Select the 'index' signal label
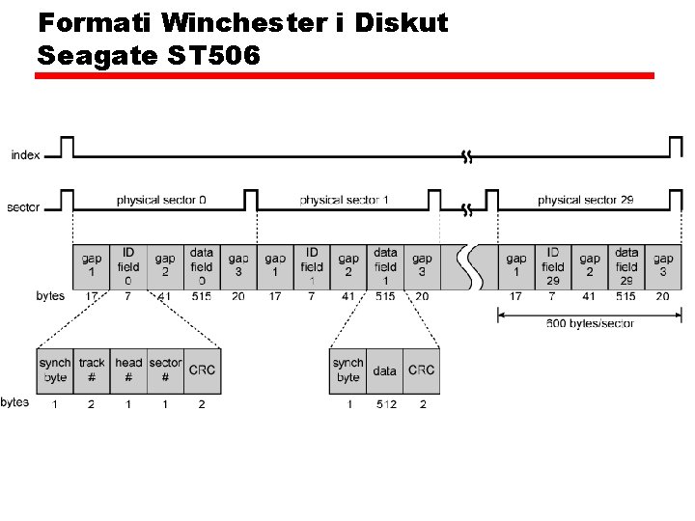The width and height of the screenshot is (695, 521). [x=26, y=154]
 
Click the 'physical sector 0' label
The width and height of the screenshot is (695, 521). [x=161, y=201]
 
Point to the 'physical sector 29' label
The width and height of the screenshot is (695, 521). [x=585, y=201]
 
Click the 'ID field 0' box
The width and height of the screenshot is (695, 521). [x=128, y=266]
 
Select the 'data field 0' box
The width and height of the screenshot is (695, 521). [x=202, y=266]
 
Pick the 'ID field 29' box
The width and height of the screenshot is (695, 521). [x=553, y=266]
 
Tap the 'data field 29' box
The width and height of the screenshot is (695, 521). [x=626, y=266]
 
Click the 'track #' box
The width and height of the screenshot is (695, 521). [x=92, y=370]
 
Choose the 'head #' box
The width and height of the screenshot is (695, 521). [x=128, y=370]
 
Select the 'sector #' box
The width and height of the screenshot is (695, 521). [x=165, y=370]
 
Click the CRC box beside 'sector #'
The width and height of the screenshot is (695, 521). [x=202, y=370]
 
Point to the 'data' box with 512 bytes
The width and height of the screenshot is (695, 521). [x=384, y=370]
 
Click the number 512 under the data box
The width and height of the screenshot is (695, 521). [x=385, y=404]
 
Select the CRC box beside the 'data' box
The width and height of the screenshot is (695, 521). [x=421, y=370]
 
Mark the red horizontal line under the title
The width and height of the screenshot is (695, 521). [x=345, y=75]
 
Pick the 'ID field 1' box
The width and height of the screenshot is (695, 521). [x=312, y=266]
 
